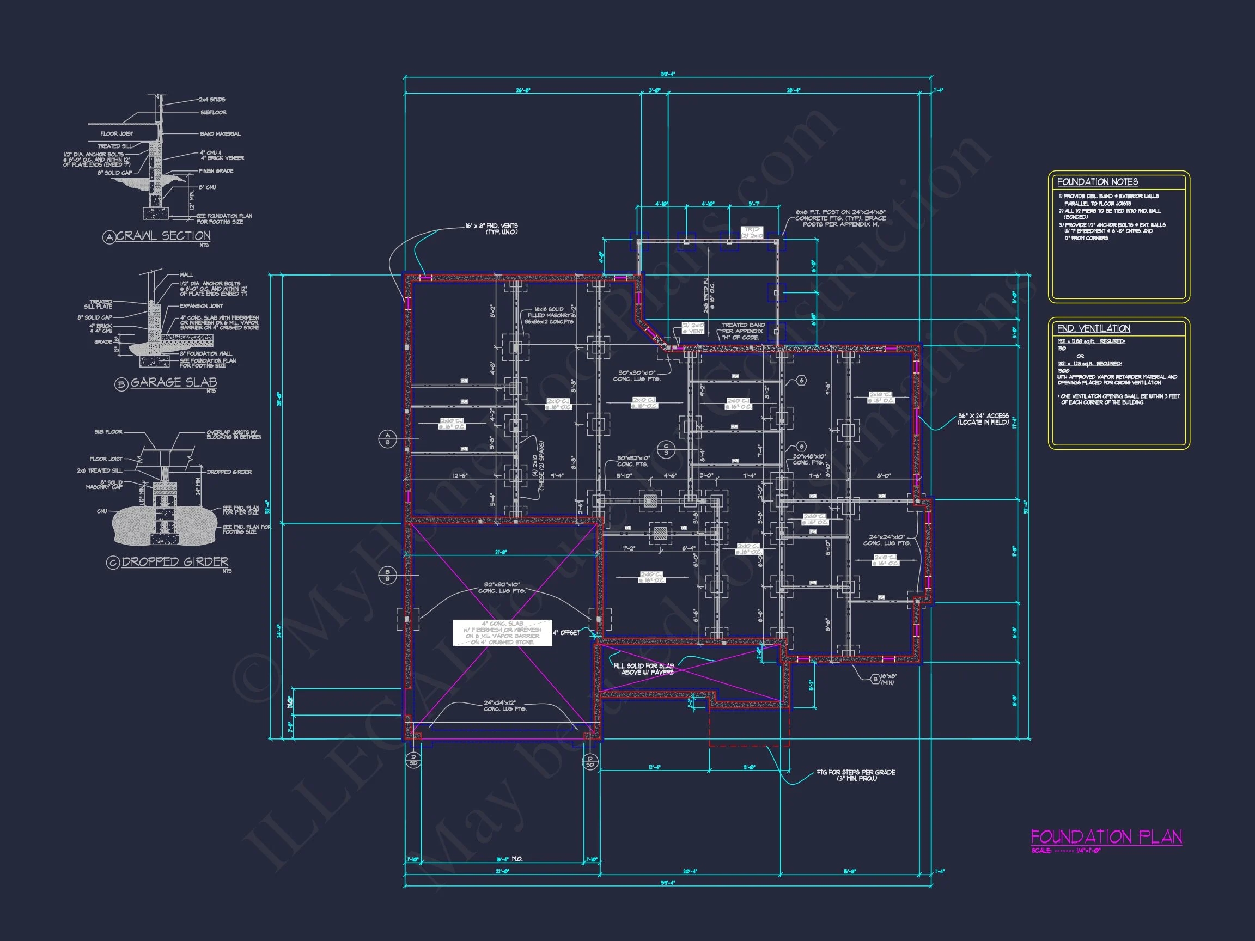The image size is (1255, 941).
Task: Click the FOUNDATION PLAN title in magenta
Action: tap(1106, 837)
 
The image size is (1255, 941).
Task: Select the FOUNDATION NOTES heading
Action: tap(1097, 182)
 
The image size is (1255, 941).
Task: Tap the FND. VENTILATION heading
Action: tap(1093, 328)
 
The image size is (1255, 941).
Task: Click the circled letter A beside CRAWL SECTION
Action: tap(109, 237)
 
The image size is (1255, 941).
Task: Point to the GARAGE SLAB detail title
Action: tap(174, 382)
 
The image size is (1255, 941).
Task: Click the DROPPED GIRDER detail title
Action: tap(175, 561)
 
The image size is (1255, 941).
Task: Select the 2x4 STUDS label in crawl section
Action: tap(212, 99)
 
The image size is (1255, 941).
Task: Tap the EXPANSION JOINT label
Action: tap(201, 305)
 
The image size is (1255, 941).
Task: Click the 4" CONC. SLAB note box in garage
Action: tap(502, 632)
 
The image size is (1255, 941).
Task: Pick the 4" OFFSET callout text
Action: tap(566, 632)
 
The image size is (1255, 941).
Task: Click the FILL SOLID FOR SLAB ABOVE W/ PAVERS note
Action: tap(643, 669)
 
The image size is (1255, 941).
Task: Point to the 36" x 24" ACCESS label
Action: tap(983, 419)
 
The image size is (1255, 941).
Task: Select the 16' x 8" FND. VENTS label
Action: tap(491, 229)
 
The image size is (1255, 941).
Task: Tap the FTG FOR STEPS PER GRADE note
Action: tap(856, 775)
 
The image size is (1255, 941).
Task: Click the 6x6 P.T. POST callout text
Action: tap(840, 218)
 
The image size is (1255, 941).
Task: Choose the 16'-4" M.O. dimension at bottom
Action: tap(509, 859)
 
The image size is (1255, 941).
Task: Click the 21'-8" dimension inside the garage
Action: tap(502, 552)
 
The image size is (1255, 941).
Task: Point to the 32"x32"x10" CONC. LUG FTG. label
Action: tap(502, 588)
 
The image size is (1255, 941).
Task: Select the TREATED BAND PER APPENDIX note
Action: tap(742, 331)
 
